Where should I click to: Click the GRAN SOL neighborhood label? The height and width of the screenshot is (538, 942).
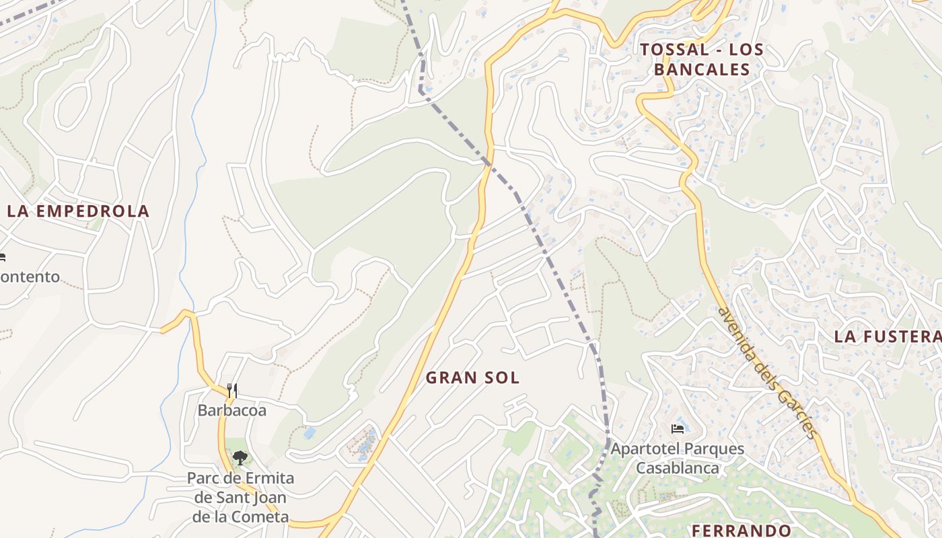[472, 378]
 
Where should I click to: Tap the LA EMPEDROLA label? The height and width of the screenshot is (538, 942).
[78, 211]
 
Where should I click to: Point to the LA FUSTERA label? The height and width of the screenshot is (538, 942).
[887, 337]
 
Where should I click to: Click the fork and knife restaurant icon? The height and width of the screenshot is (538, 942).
[232, 390]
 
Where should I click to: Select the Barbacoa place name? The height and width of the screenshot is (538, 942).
[231, 410]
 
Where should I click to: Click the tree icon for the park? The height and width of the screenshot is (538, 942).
[240, 459]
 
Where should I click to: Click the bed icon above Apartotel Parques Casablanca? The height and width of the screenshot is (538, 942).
[678, 428]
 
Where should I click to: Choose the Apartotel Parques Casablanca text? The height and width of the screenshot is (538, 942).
[678, 458]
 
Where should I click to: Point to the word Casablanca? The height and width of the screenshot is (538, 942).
[678, 468]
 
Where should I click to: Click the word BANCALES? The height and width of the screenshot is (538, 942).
[702, 69]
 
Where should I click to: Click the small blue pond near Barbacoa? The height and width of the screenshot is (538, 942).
[310, 433]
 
